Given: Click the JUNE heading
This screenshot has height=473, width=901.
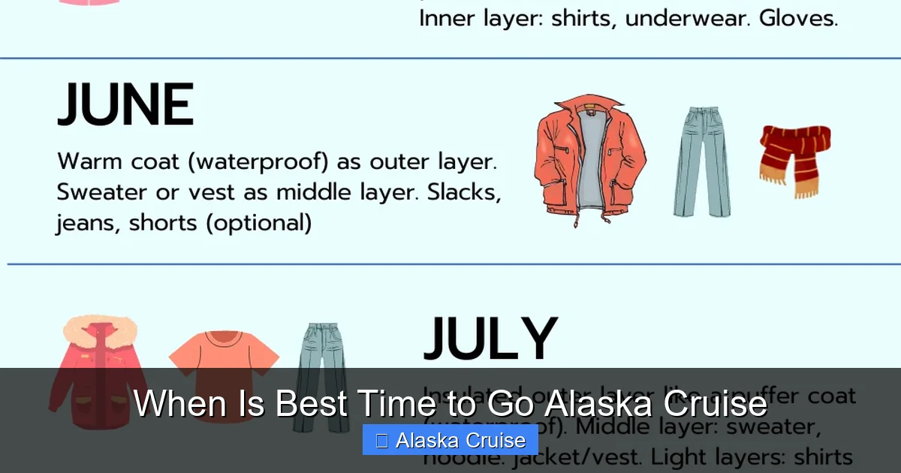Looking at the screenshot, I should [x=125, y=106].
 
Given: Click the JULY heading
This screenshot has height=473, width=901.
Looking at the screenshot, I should [x=490, y=339].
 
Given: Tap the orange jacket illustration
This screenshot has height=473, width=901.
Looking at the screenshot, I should [x=590, y=161].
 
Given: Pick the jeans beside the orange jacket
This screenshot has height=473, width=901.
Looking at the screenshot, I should [x=701, y=161].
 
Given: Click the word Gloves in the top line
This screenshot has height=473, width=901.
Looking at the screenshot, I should [x=798, y=19].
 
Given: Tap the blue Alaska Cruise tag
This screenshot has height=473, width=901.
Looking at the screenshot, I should [x=450, y=440].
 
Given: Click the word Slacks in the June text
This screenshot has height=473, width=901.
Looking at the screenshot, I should [x=463, y=192].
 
